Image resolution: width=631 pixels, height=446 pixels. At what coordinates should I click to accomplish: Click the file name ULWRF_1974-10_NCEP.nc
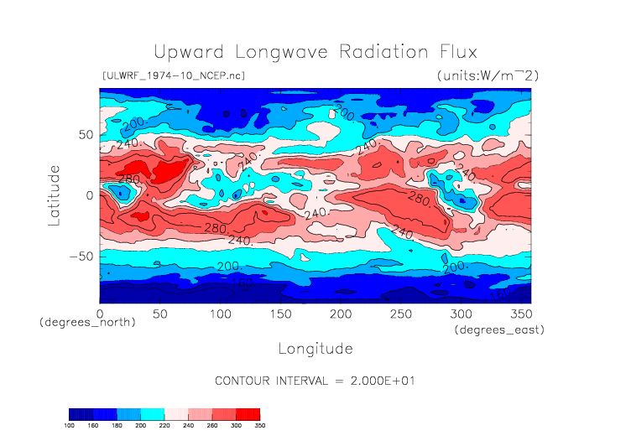point(173,75)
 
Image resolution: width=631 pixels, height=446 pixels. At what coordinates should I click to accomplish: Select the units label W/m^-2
point(488,75)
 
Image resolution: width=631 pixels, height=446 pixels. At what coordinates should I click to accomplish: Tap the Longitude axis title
point(315,348)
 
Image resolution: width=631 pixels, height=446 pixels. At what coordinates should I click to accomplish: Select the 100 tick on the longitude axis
point(220,314)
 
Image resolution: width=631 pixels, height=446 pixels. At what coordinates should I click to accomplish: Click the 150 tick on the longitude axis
point(280,314)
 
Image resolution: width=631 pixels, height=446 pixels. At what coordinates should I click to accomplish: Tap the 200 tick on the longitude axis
point(340,314)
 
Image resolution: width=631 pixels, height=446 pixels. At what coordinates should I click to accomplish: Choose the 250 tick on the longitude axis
point(400,314)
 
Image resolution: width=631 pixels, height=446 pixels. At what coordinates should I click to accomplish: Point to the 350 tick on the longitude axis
point(520,314)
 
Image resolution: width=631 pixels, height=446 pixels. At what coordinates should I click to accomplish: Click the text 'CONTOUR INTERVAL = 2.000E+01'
point(315,381)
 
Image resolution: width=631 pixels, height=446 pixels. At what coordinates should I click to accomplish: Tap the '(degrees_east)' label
point(499,330)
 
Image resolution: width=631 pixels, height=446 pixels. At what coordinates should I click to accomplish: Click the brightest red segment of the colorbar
point(248,414)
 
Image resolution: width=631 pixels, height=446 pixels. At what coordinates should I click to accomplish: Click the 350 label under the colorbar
point(259,426)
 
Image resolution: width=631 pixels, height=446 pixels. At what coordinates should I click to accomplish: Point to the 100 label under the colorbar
point(69,426)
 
